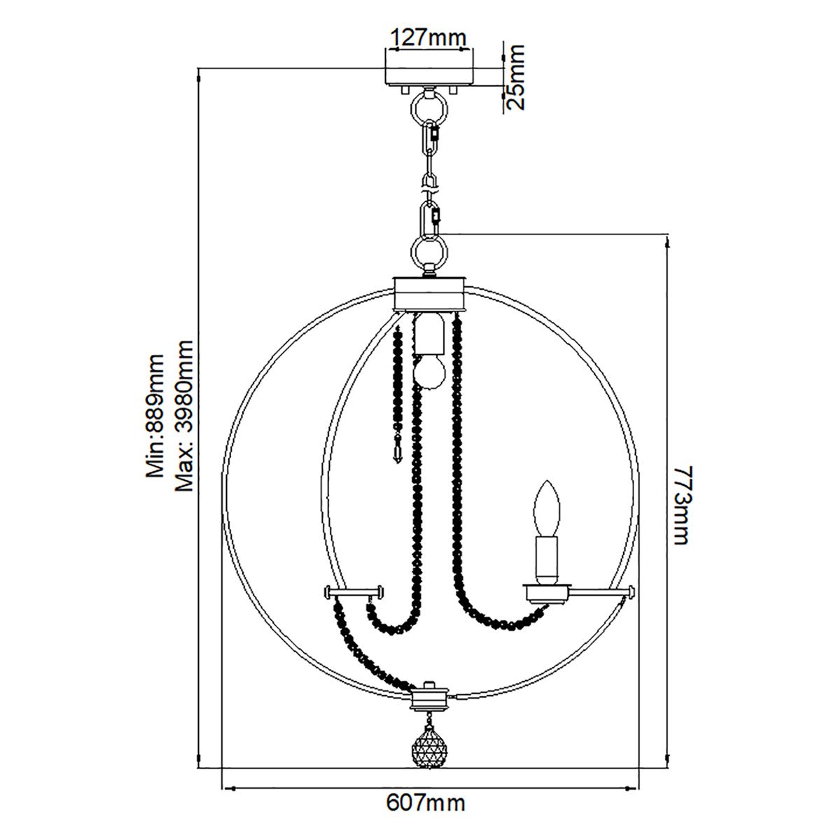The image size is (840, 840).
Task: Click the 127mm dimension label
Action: click(428, 37)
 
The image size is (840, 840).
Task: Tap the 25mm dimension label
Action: click(515, 77)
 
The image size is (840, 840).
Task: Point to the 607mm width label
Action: click(426, 802)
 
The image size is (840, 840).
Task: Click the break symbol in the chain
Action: click(428, 184)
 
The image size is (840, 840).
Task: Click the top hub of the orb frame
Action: click(428, 293)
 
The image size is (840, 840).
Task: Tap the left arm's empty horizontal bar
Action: click(353, 593)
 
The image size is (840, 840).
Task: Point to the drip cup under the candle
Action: click(546, 594)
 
